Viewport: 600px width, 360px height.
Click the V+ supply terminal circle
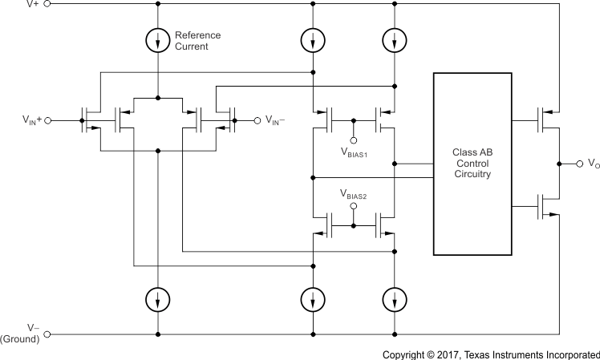[x=47, y=4]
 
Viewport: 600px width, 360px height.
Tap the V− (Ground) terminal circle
[x=47, y=334]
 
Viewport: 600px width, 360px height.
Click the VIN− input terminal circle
[x=257, y=120]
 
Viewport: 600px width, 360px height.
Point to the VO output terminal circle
[x=579, y=164]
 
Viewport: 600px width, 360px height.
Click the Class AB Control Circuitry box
[x=472, y=164]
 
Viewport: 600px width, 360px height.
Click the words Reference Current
[x=197, y=40]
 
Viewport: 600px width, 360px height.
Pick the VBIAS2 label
[x=353, y=193]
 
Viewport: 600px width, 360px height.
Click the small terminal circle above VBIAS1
[x=353, y=138]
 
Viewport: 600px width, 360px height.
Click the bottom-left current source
[x=159, y=300]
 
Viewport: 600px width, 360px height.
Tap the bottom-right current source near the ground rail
[x=394, y=300]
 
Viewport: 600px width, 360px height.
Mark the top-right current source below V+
[x=394, y=38]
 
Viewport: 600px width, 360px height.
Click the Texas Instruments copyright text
[x=490, y=354]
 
